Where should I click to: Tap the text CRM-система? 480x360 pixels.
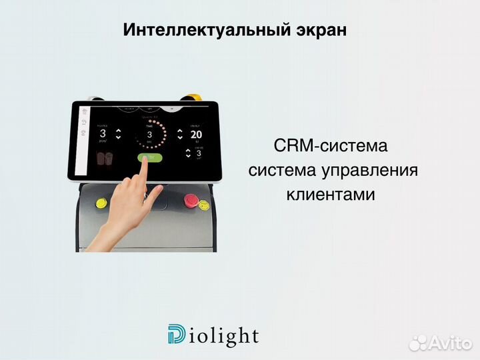[329, 146]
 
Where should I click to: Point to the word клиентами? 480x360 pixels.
[331, 195]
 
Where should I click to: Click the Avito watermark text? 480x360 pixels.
[449, 343]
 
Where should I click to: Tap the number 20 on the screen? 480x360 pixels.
[196, 134]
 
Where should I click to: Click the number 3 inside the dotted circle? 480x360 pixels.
[150, 134]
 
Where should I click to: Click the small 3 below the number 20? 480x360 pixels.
[197, 153]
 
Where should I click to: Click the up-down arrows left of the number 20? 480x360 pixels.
[179, 135]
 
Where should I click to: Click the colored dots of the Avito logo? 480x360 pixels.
[417, 343]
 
